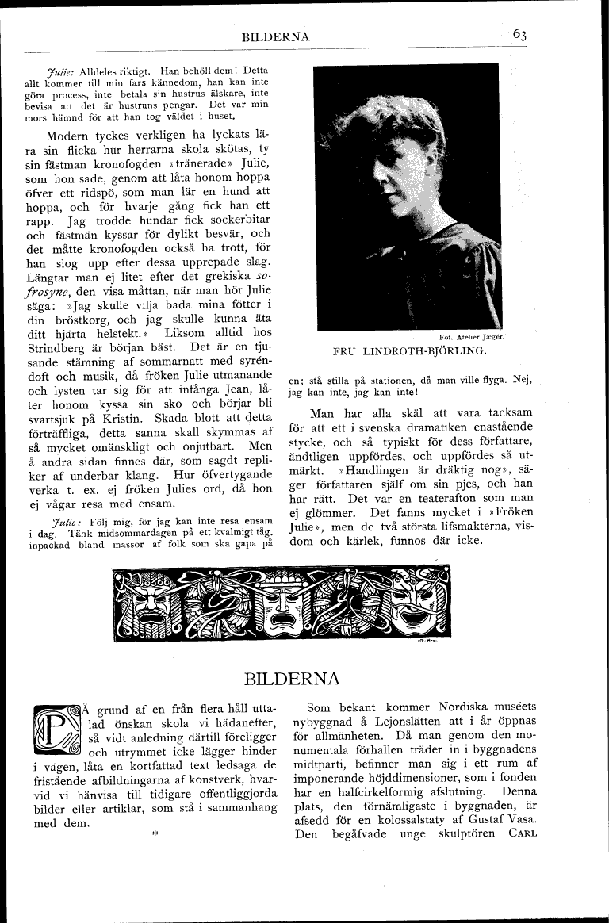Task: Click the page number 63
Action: click(x=520, y=34)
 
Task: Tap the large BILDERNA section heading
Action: click(x=292, y=679)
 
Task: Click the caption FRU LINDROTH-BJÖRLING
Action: click(x=410, y=350)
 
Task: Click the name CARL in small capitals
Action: click(x=520, y=833)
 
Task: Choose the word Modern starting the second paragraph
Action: click(x=71, y=136)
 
